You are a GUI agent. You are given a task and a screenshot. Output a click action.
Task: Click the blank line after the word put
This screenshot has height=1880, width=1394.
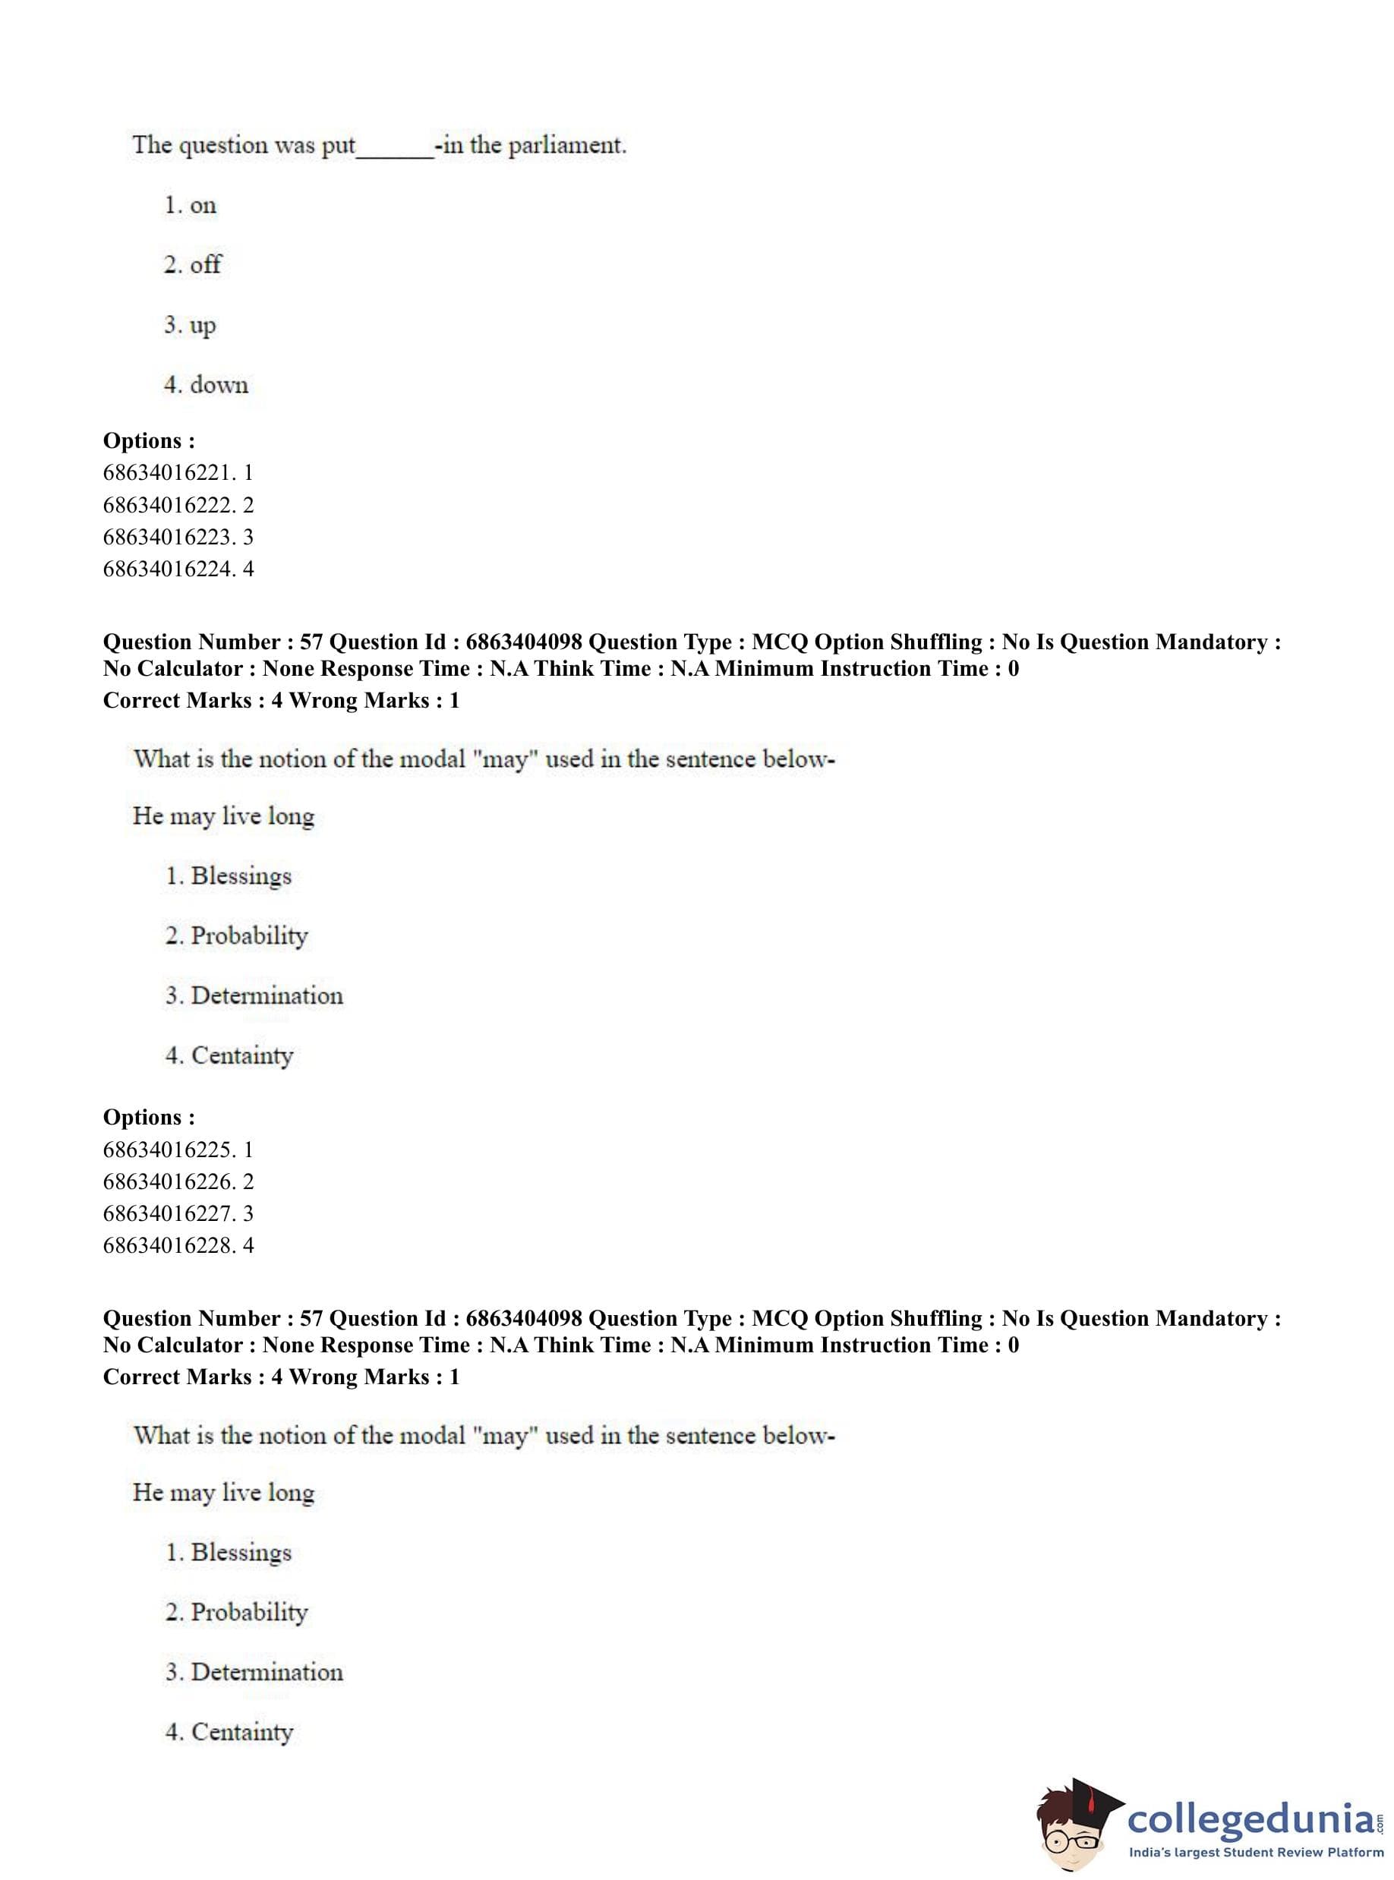pos(395,152)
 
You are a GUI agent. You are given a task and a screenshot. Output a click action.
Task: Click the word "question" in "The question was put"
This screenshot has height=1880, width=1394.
pos(222,146)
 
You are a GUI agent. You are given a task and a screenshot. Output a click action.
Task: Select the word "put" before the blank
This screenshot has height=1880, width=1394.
pos(339,147)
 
